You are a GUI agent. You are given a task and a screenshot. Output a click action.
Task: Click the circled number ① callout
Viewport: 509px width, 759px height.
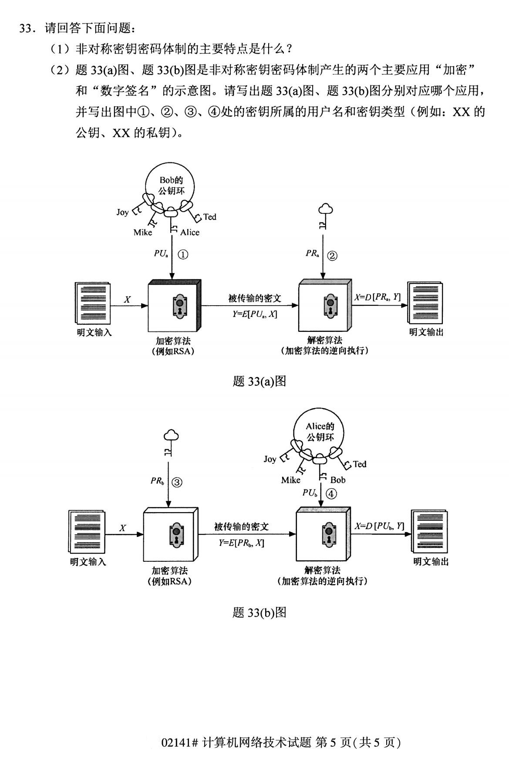pos(183,255)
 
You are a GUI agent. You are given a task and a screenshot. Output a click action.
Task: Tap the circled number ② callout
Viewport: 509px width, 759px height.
pos(332,256)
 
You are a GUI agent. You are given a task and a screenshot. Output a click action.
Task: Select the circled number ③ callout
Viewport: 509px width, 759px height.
pos(177,482)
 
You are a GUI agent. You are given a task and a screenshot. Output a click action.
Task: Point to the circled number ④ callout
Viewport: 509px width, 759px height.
pos(331,494)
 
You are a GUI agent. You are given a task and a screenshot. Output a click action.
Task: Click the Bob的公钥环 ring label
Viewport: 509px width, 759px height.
pos(171,186)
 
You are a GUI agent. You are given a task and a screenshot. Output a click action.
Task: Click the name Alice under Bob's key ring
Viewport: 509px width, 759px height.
pos(190,233)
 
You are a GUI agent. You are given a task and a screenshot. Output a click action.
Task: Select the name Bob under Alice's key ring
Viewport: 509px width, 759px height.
pos(338,480)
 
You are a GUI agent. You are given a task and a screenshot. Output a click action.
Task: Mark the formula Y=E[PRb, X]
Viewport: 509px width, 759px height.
pos(241,543)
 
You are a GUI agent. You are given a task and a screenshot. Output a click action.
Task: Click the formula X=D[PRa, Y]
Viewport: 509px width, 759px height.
pos(377,297)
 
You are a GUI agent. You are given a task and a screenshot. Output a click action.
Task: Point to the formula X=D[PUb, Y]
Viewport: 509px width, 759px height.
pos(379,526)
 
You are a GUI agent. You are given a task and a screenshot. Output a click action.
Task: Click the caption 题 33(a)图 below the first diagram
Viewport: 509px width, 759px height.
pos(259,381)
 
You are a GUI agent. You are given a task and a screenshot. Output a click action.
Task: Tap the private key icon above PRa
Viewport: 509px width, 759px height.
pos(325,216)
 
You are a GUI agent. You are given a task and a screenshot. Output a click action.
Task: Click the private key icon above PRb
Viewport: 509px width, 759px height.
pos(170,442)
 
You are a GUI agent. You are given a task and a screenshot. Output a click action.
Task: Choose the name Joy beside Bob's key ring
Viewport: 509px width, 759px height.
pos(122,213)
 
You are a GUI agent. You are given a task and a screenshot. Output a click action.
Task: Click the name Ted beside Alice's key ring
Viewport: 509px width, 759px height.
pos(360,464)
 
